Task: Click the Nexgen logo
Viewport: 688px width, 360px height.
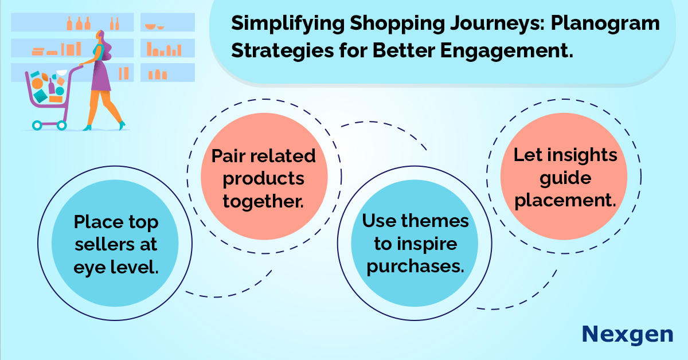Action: [627, 335]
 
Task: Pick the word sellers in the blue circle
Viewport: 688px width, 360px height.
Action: [104, 245]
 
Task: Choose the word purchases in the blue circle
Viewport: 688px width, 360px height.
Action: [415, 267]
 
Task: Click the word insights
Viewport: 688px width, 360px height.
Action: [583, 155]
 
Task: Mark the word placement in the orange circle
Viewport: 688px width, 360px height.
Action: [565, 201]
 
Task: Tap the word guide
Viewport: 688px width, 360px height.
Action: [565, 178]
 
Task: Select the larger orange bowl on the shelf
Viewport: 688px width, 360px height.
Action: [150, 27]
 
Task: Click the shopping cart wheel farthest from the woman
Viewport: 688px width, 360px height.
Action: [37, 126]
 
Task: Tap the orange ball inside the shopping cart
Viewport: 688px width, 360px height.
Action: [37, 83]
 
